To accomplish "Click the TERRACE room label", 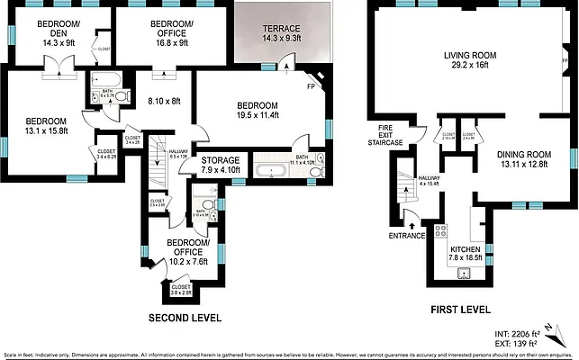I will click(x=283, y=29).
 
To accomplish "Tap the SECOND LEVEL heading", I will click(x=184, y=319).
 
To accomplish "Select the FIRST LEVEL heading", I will click(x=460, y=309).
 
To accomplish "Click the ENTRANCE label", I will click(x=407, y=236).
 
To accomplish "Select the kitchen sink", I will click(x=466, y=271).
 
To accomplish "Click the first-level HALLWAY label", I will click(x=428, y=179).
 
